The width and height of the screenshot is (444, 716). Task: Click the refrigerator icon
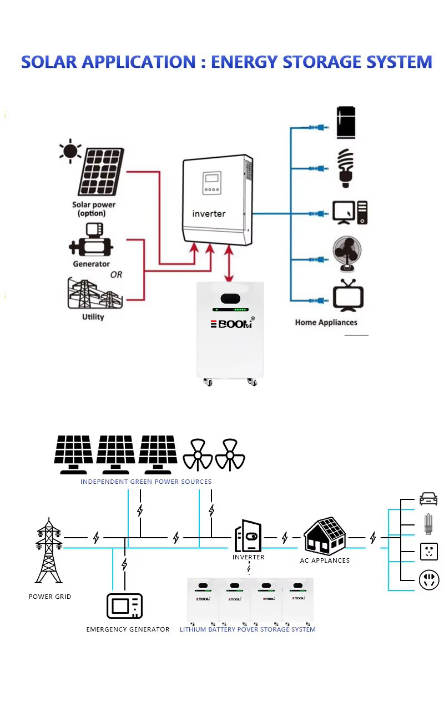click(x=346, y=122)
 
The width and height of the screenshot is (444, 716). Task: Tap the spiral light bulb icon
click(x=346, y=168)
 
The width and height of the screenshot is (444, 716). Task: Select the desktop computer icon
click(x=350, y=213)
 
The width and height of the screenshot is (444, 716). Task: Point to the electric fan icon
click(x=347, y=254)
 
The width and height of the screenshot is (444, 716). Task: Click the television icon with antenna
click(x=348, y=296)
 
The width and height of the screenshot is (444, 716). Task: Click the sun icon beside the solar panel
click(x=70, y=151)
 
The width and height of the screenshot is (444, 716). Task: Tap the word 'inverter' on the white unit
click(x=209, y=213)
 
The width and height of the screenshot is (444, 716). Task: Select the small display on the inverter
click(x=212, y=183)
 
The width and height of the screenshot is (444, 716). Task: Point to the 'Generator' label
click(x=92, y=264)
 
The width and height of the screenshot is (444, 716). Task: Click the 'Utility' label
click(x=93, y=317)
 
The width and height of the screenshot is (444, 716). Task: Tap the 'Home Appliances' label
click(x=326, y=323)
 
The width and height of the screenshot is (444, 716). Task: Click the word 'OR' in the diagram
click(x=116, y=274)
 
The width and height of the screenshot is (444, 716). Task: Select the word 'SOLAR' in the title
click(x=49, y=62)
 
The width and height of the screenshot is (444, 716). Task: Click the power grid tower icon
click(x=48, y=550)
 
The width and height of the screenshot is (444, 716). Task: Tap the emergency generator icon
click(x=124, y=606)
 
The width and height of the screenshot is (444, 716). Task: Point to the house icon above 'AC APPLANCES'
click(x=325, y=536)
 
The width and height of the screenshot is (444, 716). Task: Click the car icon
click(x=428, y=499)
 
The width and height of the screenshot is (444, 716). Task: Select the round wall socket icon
click(x=429, y=580)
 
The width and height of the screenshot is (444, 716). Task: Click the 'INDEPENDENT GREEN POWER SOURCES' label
click(x=145, y=482)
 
